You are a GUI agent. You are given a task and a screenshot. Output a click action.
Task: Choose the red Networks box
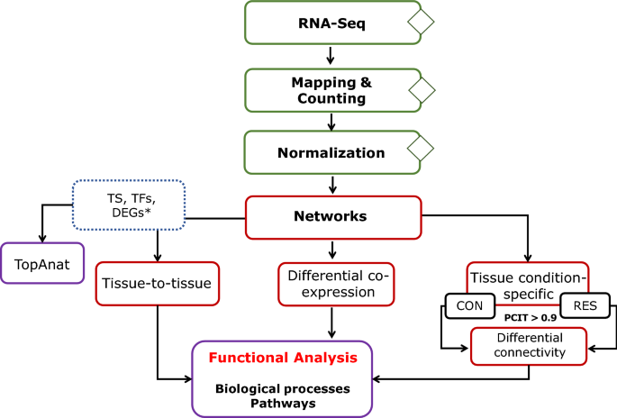[x=333, y=217]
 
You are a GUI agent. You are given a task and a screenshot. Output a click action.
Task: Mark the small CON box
[x=470, y=306]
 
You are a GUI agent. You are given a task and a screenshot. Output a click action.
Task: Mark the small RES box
[x=584, y=306]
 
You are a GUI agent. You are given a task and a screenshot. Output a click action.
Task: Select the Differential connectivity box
[x=528, y=345]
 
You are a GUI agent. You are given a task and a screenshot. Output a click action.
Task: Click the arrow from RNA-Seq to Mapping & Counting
[x=332, y=56]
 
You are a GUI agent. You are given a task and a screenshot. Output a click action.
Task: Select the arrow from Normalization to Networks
[x=334, y=185]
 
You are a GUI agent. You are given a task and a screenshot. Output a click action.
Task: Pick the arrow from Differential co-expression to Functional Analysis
[x=334, y=322]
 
